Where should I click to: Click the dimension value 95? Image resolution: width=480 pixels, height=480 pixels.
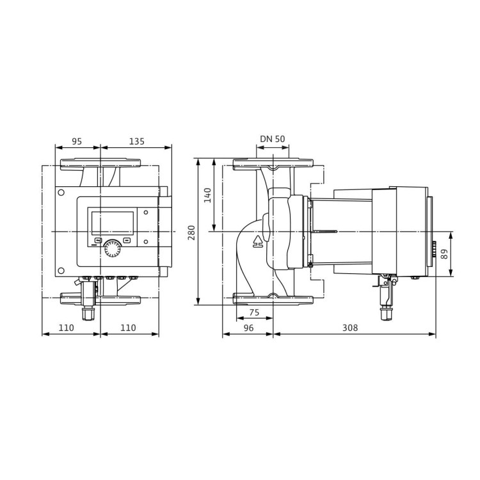tap(77, 141)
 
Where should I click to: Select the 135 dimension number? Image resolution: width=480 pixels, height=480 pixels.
tap(136, 141)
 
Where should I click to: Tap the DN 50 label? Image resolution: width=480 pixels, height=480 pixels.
tap(273, 139)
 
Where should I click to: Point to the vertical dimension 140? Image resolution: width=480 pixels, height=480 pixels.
tap(207, 195)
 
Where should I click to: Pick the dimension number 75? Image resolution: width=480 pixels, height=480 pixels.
tap(254, 313)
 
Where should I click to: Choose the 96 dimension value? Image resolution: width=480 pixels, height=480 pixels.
tap(248, 328)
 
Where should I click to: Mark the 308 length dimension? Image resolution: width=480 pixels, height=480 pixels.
tap(349, 328)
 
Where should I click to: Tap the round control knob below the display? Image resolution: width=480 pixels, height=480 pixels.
tap(112, 248)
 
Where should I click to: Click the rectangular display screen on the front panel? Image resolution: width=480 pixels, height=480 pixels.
tap(112, 223)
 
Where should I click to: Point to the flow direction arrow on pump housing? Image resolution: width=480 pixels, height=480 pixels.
tap(258, 241)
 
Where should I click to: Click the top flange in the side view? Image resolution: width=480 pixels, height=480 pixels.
tap(273, 165)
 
